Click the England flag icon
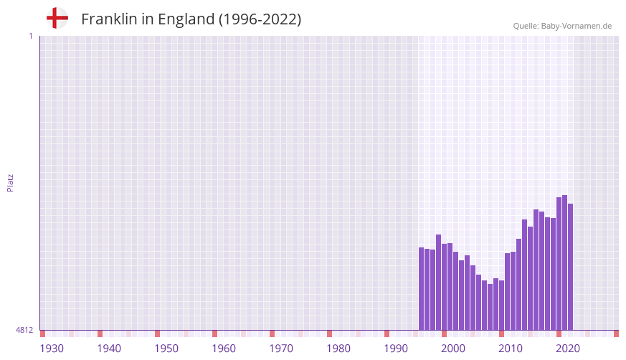(57, 19)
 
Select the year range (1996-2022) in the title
(260, 19)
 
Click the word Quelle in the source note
(526, 26)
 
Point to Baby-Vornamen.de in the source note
(577, 26)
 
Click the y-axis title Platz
(10, 182)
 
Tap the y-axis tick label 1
(30, 36)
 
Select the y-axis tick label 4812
(24, 330)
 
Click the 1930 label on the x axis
(52, 349)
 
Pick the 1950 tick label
(166, 349)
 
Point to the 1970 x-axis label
(281, 349)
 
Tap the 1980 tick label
(338, 349)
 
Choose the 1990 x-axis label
(396, 349)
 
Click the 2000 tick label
(453, 349)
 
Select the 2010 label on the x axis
(511, 349)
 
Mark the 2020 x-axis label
(568, 349)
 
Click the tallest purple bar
(564, 262)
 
